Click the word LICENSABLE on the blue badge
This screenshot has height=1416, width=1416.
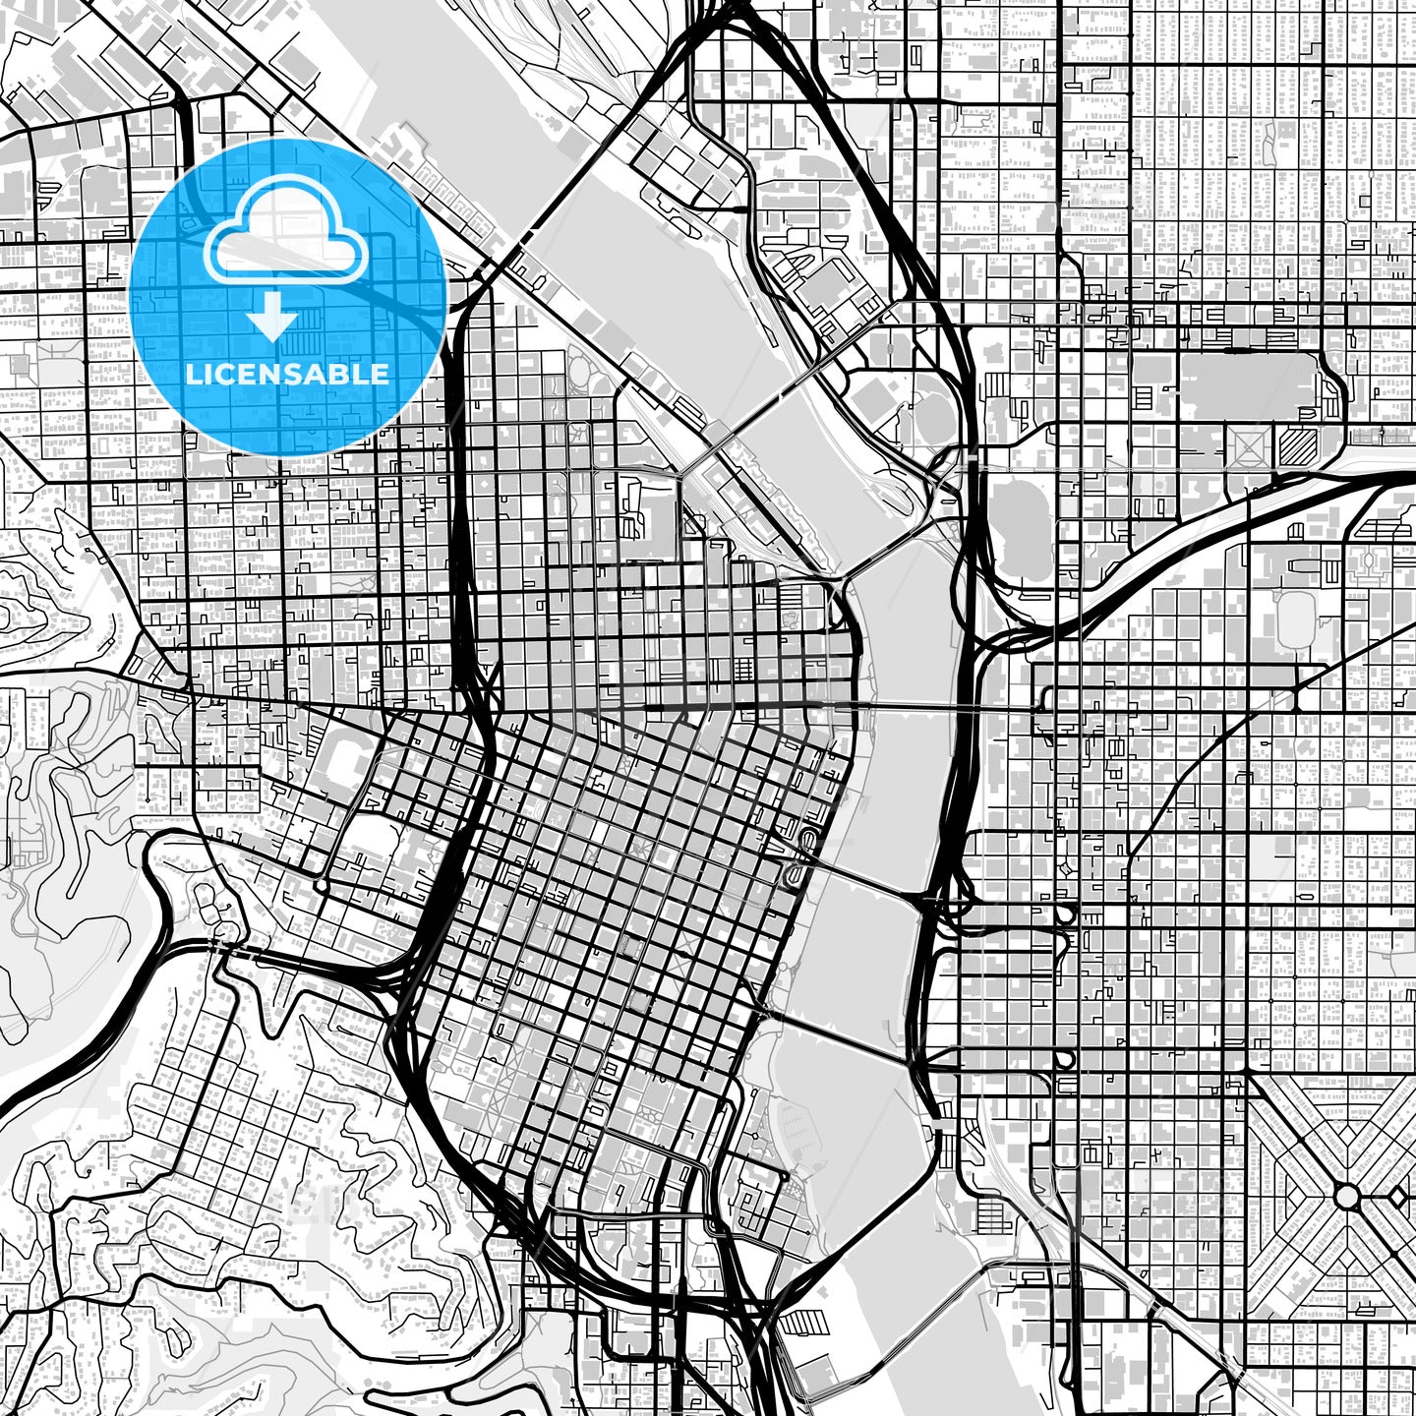[287, 375]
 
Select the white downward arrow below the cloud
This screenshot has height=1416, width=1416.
[272, 316]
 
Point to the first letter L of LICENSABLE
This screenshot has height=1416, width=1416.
[193, 375]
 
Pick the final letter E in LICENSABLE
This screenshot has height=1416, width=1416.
[380, 375]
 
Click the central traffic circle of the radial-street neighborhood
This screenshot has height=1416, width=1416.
[1346, 1197]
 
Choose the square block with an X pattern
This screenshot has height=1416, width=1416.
[1247, 447]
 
